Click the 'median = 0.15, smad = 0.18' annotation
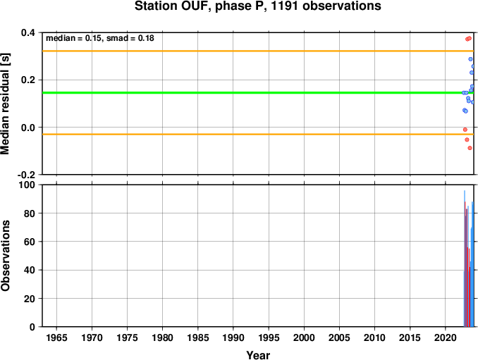click(100, 38)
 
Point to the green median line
click(258, 92)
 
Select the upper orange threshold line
click(258, 51)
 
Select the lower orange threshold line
click(258, 134)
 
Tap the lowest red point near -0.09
click(470, 148)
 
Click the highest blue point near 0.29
click(470, 59)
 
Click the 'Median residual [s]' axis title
click(5, 104)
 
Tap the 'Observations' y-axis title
click(5, 256)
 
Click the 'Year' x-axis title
click(258, 355)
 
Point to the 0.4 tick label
click(27, 32)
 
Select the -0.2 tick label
click(26, 175)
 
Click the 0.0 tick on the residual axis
click(27, 128)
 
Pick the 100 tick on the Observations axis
click(27, 185)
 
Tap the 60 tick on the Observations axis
click(30, 242)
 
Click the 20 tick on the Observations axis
click(30, 299)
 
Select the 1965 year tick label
click(56, 337)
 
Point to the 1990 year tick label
click(233, 337)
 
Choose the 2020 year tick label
click(446, 337)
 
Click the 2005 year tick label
click(339, 337)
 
